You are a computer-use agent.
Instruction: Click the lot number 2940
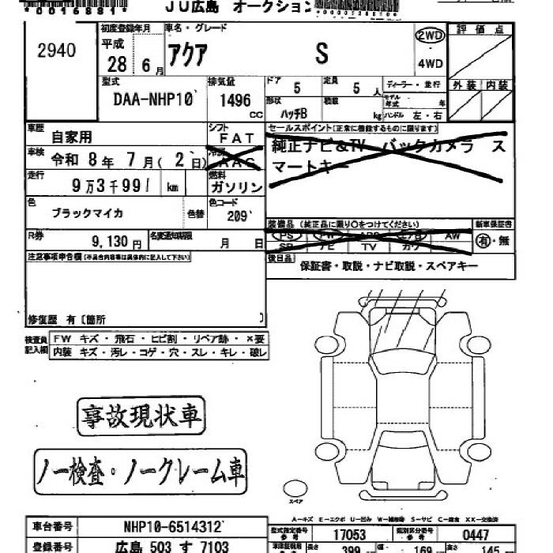[57, 51]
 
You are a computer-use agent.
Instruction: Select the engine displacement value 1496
[231, 101]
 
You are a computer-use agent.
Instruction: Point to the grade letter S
[322, 54]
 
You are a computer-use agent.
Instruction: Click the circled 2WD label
[430, 36]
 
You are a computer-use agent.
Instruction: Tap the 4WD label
[430, 63]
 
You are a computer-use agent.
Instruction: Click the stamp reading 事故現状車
[139, 414]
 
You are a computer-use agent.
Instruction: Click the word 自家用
[72, 136]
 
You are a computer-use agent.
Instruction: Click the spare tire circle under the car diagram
[295, 488]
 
